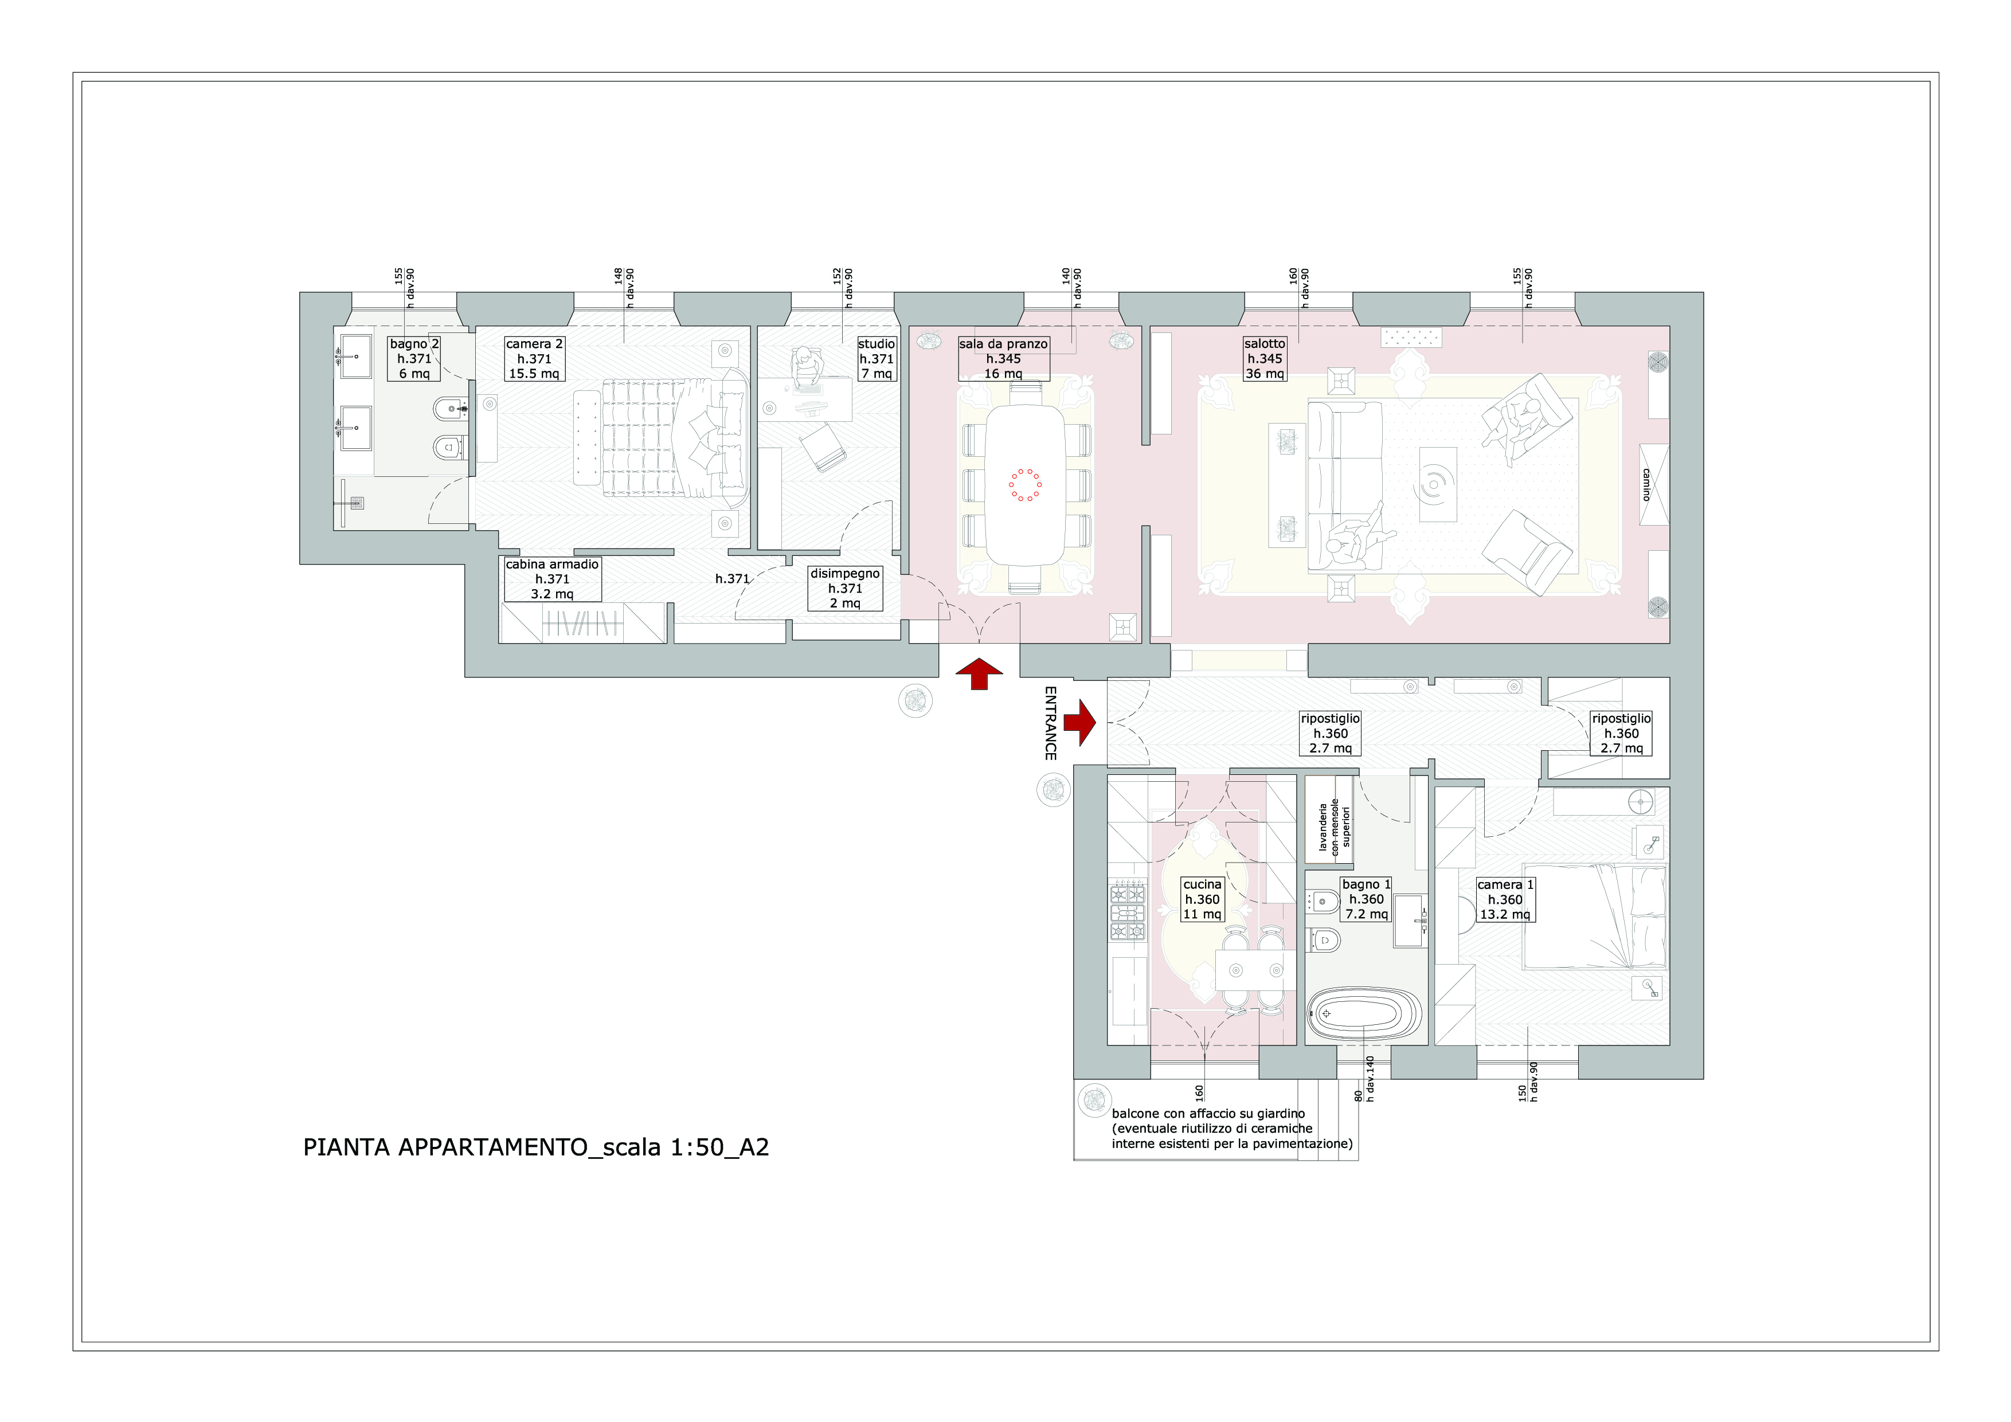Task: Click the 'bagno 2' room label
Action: click(414, 344)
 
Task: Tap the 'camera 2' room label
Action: click(534, 344)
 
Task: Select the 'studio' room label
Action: click(877, 344)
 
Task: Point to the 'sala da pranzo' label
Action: click(1003, 344)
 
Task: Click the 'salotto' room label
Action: click(1265, 344)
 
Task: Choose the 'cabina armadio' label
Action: click(552, 565)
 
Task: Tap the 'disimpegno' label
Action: click(845, 574)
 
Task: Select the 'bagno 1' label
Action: click(1366, 884)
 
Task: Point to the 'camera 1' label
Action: click(1505, 884)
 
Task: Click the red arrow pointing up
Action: click(979, 674)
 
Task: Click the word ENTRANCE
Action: click(1051, 723)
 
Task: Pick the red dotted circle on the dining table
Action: click(1025, 485)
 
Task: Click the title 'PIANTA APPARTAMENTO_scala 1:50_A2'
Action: click(536, 1147)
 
